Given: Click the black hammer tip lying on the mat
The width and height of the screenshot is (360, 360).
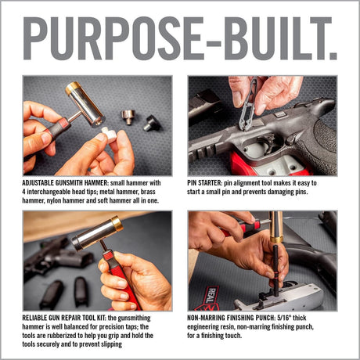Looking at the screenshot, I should [151, 122].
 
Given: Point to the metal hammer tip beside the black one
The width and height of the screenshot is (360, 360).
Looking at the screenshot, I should [128, 117].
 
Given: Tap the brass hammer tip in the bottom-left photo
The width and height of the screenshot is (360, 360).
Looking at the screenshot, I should [117, 224].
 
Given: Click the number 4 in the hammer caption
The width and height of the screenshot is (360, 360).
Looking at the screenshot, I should [26, 192].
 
